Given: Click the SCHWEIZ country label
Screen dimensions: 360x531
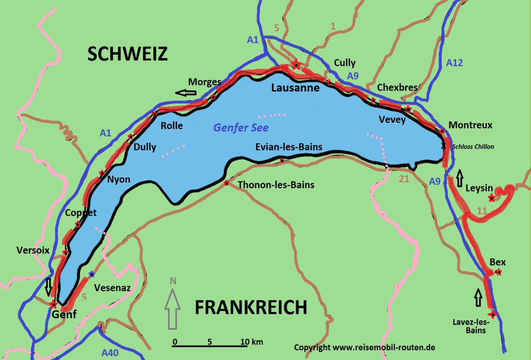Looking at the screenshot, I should [x=127, y=54].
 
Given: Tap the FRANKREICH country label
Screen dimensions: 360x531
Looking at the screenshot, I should [x=251, y=307].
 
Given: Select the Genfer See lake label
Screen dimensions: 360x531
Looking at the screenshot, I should [x=241, y=128].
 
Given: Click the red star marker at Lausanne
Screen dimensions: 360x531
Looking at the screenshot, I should [x=296, y=65].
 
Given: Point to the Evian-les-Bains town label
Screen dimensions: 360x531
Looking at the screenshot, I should [x=289, y=147].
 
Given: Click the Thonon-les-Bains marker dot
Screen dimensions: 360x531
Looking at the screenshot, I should [x=226, y=183].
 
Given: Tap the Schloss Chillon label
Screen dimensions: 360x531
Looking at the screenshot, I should [x=473, y=147].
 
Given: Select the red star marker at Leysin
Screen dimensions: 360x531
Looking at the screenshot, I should [x=491, y=198].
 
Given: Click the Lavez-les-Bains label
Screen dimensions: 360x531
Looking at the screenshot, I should [x=471, y=326].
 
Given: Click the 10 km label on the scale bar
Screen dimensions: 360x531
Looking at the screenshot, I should [x=252, y=342].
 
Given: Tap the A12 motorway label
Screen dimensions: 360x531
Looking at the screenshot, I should [x=454, y=63].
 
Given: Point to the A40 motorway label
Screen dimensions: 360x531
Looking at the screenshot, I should [x=110, y=353].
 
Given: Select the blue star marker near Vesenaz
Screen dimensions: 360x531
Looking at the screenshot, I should [x=91, y=274].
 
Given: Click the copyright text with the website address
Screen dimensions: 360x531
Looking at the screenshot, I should [x=364, y=348].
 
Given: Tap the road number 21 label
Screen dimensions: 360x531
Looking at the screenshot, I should [x=404, y=179].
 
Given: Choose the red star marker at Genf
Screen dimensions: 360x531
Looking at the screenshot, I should [x=53, y=305].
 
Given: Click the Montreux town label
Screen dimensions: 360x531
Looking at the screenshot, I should [x=470, y=125].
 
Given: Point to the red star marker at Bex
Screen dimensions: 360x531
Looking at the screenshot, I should [x=499, y=272].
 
